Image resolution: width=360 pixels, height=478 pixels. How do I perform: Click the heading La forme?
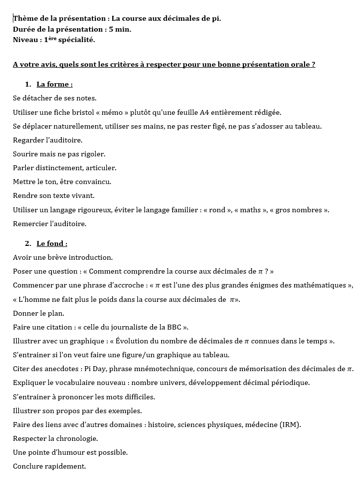pos(54,84)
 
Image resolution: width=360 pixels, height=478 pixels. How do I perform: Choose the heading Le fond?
pos(51,243)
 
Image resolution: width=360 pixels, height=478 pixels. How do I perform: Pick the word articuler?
pos(101,168)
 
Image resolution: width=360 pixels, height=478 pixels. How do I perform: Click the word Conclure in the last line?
pos(28,466)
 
